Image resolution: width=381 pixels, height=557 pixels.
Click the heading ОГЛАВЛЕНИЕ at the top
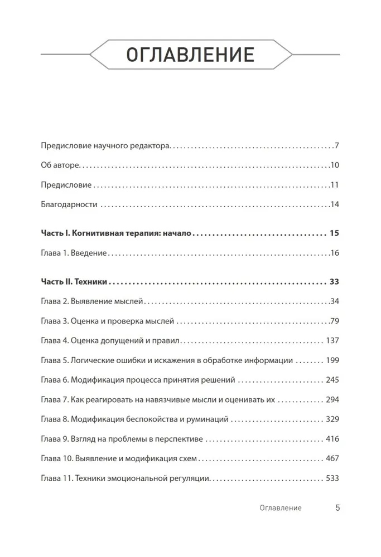click(190, 55)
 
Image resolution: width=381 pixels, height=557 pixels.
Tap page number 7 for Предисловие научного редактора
click(337, 146)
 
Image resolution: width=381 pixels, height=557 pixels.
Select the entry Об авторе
click(61, 165)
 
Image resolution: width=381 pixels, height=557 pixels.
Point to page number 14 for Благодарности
click(335, 204)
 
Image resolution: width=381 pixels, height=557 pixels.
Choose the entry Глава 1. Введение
click(74, 253)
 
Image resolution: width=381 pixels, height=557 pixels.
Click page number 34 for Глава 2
click(335, 302)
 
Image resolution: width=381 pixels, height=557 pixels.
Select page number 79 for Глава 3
click(335, 321)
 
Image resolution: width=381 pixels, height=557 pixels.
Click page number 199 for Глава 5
click(332, 360)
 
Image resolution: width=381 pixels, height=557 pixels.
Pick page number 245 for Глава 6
click(332, 380)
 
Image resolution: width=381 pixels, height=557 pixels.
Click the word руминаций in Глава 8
click(193, 419)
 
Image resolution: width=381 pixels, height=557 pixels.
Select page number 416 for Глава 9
click(332, 439)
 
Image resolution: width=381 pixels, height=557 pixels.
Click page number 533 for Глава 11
click(332, 478)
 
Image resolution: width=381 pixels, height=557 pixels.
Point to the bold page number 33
click(335, 282)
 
